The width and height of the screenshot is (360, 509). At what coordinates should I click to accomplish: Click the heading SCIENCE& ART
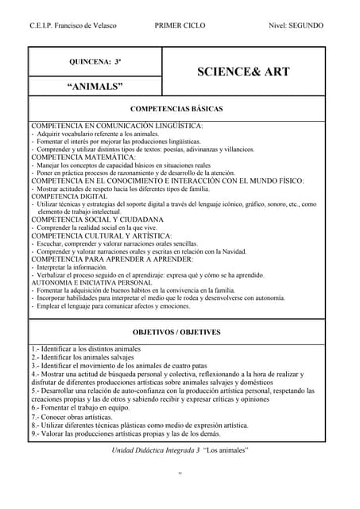(x=243, y=72)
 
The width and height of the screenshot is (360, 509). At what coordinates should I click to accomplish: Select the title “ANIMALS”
(x=95, y=86)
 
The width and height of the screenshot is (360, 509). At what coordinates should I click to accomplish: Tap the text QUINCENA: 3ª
(x=95, y=61)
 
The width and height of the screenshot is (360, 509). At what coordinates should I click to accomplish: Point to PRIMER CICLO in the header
(x=180, y=25)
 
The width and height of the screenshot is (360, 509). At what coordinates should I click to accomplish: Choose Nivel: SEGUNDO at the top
(x=296, y=25)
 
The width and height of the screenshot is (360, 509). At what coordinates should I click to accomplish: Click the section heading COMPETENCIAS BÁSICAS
(x=177, y=108)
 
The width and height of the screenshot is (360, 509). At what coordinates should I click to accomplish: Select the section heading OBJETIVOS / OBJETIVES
(x=177, y=332)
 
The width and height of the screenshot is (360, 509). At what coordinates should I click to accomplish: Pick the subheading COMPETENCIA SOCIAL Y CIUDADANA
(x=97, y=220)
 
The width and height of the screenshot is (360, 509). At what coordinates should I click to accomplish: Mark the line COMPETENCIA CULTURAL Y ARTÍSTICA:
(x=101, y=235)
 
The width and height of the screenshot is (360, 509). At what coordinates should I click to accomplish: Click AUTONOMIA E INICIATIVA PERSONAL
(x=91, y=282)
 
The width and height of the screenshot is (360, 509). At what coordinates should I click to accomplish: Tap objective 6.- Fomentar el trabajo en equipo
(x=80, y=407)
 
